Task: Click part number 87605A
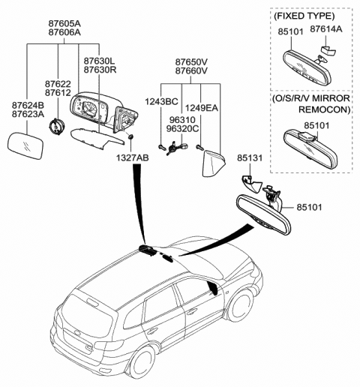click(x=64, y=23)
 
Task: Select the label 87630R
click(x=100, y=70)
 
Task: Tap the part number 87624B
click(x=28, y=106)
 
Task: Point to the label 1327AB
click(x=132, y=157)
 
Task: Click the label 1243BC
click(x=161, y=101)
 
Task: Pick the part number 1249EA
click(x=202, y=108)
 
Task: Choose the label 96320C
click(x=183, y=128)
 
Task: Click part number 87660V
click(x=191, y=70)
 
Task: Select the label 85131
click(x=250, y=157)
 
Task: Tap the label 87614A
click(x=326, y=29)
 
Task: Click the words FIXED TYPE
click(x=304, y=16)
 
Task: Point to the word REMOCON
click(x=325, y=109)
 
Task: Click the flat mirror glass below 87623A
click(x=25, y=146)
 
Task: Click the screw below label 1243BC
click(x=162, y=147)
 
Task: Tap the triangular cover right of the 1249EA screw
click(x=212, y=163)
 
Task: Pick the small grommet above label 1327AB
click(x=130, y=136)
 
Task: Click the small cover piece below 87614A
click(x=328, y=50)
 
